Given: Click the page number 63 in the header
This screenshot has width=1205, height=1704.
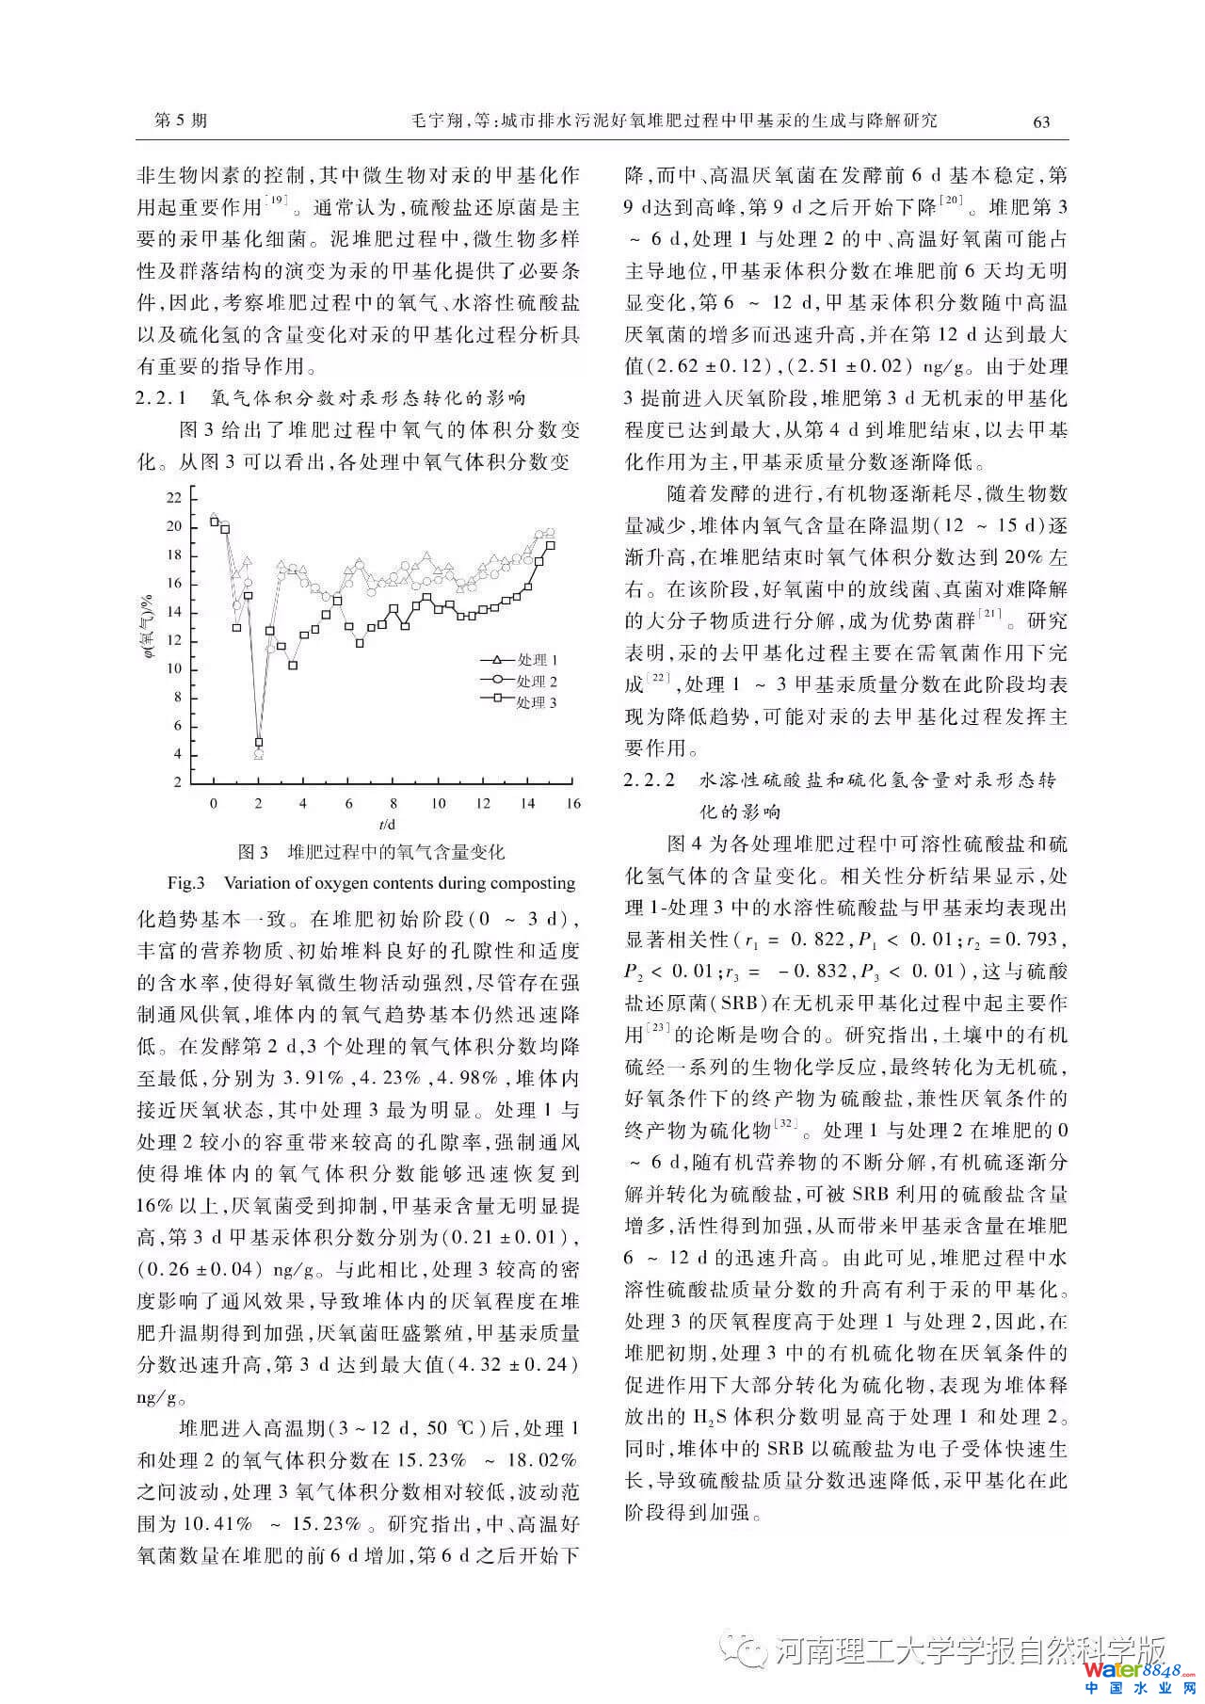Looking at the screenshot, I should coord(1040,121).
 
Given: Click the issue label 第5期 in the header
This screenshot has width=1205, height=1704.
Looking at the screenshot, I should coord(180,121).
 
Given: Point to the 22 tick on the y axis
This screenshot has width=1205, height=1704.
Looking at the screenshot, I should coord(174,497).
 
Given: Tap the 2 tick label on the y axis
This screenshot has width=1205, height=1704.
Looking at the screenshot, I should coord(177,782).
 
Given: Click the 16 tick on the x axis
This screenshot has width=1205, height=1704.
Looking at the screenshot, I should coord(573,804).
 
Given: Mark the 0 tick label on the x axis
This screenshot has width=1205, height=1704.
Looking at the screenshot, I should coord(214,804).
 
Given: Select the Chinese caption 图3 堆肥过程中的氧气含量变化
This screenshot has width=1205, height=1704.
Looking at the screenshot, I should coord(371,853).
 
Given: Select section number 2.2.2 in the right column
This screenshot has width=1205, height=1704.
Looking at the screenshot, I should coord(651,780).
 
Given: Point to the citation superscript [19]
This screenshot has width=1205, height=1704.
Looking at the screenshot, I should coord(278,201).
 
